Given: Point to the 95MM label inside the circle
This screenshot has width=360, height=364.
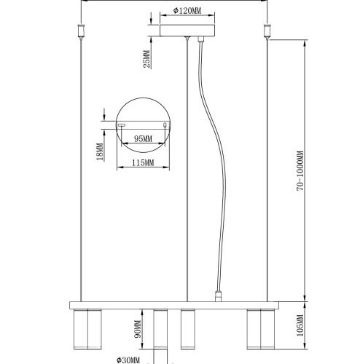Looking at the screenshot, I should (143, 138).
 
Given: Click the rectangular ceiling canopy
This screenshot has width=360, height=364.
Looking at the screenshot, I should (188, 31).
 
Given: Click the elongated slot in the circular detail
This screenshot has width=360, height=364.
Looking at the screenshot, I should (122, 124).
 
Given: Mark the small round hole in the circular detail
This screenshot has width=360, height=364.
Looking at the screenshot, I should (165, 124).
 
